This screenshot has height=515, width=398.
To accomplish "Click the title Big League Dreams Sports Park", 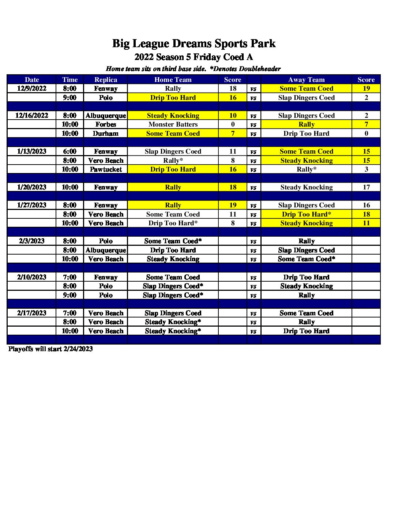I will click(194, 44).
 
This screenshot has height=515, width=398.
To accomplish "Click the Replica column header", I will click(106, 80).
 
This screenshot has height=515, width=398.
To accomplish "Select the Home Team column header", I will click(173, 80).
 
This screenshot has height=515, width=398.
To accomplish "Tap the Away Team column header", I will click(306, 80).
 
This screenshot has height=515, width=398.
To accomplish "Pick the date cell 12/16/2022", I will click(31, 116).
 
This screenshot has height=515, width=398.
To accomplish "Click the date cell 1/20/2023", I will click(31, 187).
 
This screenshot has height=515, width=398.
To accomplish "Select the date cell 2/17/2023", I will click(31, 313).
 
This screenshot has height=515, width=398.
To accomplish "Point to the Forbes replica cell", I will click(106, 124).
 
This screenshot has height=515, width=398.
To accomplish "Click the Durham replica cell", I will click(106, 134).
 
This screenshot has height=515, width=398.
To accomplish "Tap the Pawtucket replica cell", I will click(106, 169).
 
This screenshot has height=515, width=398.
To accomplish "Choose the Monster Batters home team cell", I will click(173, 124).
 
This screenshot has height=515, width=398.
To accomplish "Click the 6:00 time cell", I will click(70, 151).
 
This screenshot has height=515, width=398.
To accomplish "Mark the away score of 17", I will click(366, 187).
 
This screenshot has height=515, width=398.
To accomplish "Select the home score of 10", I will click(233, 116).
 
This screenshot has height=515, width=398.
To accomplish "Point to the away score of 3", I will click(366, 169).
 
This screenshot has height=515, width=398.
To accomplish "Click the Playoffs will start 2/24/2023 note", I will click(50, 349).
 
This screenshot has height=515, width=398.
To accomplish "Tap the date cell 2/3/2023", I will click(31, 241).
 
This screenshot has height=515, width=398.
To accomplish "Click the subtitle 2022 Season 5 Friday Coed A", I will click(194, 57).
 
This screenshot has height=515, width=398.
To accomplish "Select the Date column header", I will click(31, 80).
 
